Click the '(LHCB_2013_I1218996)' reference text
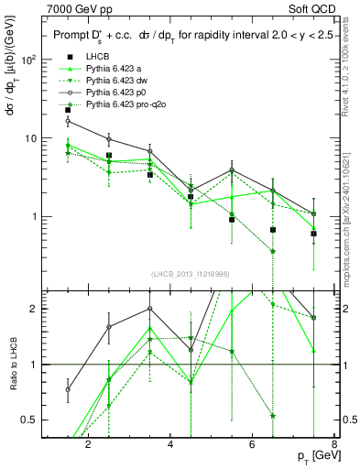[191, 274]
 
